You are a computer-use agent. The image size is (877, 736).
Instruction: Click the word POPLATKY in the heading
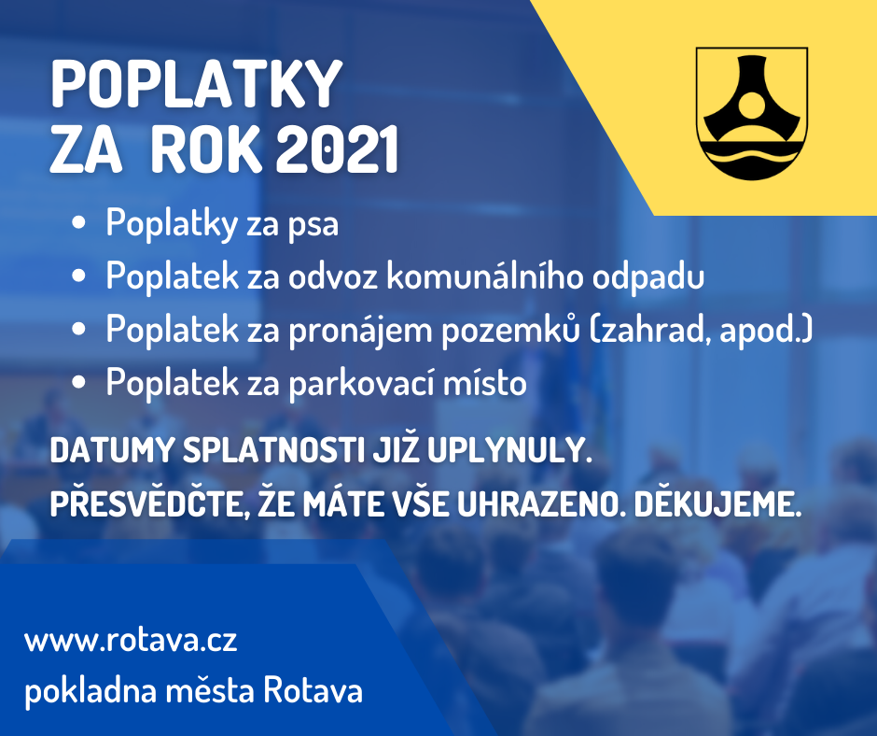click(196, 85)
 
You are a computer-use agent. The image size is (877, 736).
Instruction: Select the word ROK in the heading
click(206, 149)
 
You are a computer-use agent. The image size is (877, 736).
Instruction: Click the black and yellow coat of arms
click(751, 114)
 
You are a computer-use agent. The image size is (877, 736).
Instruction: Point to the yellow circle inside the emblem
click(751, 105)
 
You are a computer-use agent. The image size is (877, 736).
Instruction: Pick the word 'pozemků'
click(510, 330)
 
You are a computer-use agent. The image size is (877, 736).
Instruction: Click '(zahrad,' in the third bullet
click(649, 330)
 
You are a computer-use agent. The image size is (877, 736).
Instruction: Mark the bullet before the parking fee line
click(79, 382)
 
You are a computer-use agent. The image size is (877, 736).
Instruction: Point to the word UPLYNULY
click(510, 451)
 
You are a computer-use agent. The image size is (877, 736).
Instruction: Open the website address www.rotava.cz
click(131, 640)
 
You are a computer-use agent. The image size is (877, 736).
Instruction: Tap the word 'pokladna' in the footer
click(90, 690)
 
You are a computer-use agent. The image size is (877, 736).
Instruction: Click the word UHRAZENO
click(541, 504)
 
